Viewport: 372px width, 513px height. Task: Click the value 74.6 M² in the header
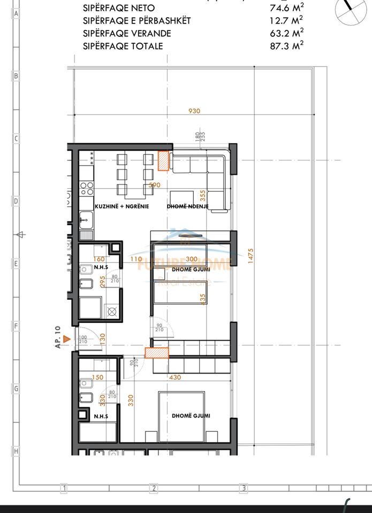286,8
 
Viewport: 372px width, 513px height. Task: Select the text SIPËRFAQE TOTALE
123,46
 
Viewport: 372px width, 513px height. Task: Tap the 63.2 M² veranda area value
286,34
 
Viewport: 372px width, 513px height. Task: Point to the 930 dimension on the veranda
194,111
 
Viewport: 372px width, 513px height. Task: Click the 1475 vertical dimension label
249,256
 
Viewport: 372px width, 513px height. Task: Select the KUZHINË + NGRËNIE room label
122,206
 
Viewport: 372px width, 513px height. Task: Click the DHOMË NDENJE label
187,206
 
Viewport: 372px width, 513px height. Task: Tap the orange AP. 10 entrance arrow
66,338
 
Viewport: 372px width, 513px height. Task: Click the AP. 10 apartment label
58,338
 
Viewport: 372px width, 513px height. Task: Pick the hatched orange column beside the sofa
163,161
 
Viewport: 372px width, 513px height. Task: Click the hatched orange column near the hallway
157,352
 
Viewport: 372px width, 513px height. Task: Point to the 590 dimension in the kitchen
154,185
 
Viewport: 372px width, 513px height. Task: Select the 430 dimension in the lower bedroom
174,377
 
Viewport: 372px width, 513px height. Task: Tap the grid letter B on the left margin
16,76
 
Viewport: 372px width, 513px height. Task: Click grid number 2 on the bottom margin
154,488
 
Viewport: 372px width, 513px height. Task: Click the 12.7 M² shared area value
286,21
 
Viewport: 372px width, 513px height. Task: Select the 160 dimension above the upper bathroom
98,245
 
